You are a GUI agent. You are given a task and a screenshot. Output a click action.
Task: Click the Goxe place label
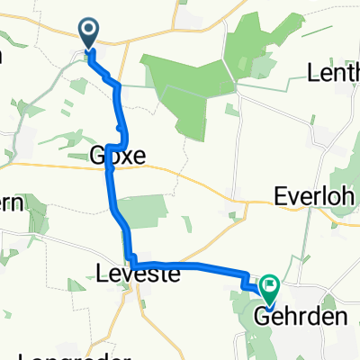(118, 156)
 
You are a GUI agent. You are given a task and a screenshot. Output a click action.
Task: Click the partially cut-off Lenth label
(334, 72)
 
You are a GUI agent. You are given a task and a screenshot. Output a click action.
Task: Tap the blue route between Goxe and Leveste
(115, 211)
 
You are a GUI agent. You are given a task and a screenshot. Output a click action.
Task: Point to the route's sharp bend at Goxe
(109, 147)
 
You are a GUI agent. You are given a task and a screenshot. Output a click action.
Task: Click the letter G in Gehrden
(261, 316)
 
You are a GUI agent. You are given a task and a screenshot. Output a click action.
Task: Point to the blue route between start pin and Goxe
(117, 99)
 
